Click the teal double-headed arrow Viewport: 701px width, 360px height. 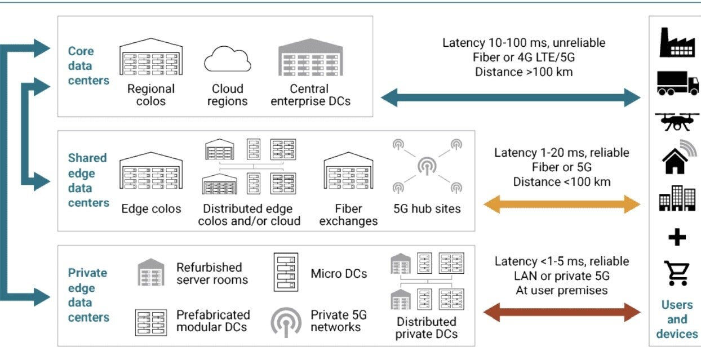coord(511,98)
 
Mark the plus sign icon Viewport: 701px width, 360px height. coord(677,237)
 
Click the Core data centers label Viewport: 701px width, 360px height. coord(88,66)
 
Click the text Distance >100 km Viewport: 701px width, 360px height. coord(524,72)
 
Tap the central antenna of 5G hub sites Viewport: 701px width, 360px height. coord(426,165)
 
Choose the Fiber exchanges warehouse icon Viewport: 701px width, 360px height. coord(348,172)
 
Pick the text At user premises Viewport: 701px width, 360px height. coord(561,291)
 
